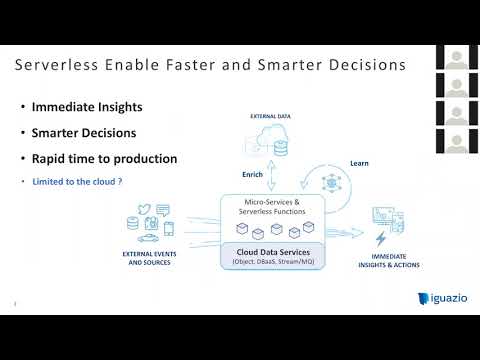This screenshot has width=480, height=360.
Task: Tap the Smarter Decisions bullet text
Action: click(x=84, y=132)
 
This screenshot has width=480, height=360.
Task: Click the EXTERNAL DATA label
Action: click(x=269, y=117)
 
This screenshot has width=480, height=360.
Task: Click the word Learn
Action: click(x=361, y=162)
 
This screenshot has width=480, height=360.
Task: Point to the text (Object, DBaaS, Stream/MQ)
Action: click(x=270, y=262)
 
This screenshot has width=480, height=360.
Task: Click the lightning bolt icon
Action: click(x=380, y=239)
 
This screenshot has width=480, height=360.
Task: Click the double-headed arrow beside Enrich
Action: click(x=272, y=174)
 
